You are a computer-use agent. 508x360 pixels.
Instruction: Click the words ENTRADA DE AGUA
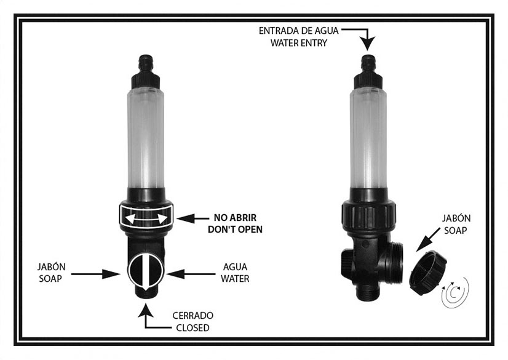coord(298,31)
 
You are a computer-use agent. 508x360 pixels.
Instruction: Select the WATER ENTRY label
coord(299,43)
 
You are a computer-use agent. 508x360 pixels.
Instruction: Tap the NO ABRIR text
coord(235,217)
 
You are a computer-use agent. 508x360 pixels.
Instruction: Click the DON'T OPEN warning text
coord(235,230)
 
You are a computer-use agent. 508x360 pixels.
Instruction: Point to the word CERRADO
coord(192,315)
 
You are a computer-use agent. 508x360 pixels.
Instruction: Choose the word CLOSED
coord(192,327)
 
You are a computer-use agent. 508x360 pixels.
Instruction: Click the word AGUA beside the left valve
coord(235,266)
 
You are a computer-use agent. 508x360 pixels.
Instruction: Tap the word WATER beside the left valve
coord(235,279)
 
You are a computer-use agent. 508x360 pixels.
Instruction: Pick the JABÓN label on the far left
coord(51,266)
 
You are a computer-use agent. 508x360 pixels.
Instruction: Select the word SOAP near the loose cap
coord(455,230)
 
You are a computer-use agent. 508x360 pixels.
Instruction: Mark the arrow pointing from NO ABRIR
coord(192,218)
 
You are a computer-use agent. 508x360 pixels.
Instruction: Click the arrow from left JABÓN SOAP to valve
coord(95,274)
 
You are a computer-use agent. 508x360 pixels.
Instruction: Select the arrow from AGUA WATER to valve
coord(191,274)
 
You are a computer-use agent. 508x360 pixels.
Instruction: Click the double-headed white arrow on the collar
coord(146,219)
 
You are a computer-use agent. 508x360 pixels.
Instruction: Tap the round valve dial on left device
coord(146,271)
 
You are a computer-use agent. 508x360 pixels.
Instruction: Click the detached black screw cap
coord(427,273)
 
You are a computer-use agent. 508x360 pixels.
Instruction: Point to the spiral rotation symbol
coord(455,292)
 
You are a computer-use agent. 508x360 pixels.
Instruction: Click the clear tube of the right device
coord(368,138)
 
